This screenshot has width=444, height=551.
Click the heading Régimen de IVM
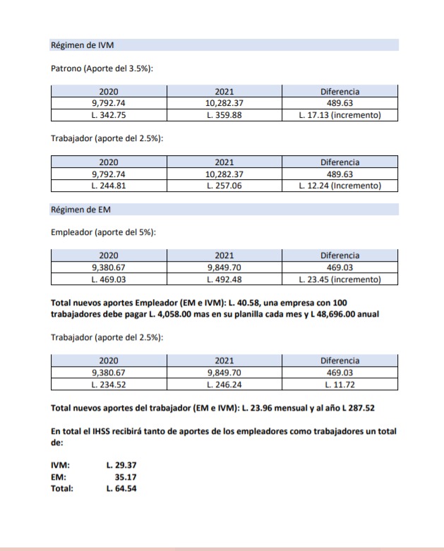tap(83, 45)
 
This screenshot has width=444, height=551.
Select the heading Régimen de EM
tap(81, 210)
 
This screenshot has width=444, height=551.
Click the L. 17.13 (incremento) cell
tap(340, 115)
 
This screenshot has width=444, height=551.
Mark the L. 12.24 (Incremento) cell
tap(340, 186)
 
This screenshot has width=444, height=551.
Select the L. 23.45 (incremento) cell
tap(340, 279)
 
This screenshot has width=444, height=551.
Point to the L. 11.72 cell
tap(340, 385)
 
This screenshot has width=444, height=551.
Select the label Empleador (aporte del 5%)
tap(104, 232)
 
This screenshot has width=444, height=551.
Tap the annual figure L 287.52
tap(356, 408)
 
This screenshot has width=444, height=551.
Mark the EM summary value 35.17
tap(125, 478)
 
